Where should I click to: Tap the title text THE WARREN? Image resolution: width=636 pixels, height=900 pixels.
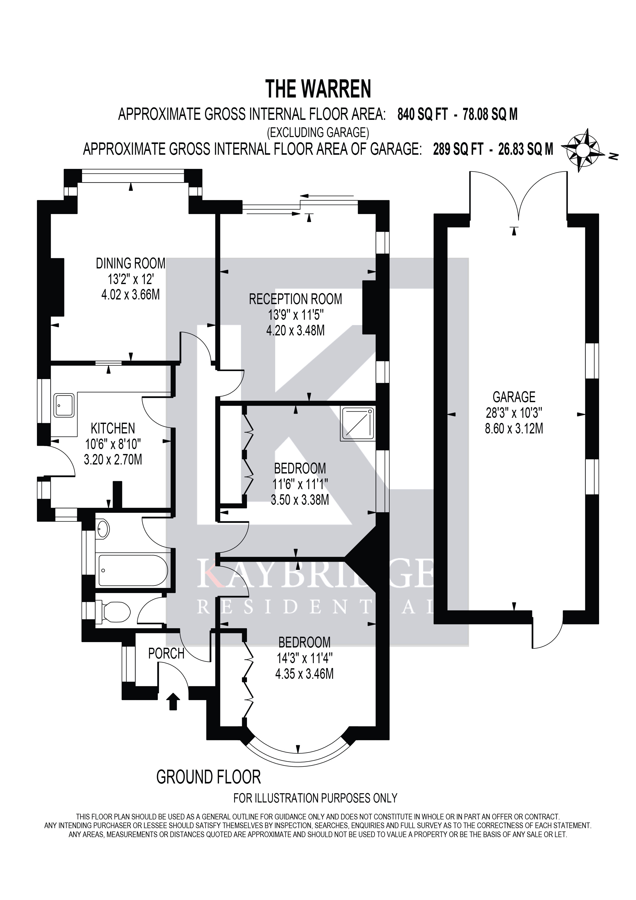pyautogui.click(x=318, y=89)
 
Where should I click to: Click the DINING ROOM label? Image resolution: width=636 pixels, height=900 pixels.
pyautogui.click(x=131, y=263)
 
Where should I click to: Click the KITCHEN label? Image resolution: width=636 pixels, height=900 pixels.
pyautogui.click(x=113, y=428)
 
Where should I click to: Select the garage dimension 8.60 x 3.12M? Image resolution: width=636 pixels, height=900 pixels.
pyautogui.click(x=514, y=428)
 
